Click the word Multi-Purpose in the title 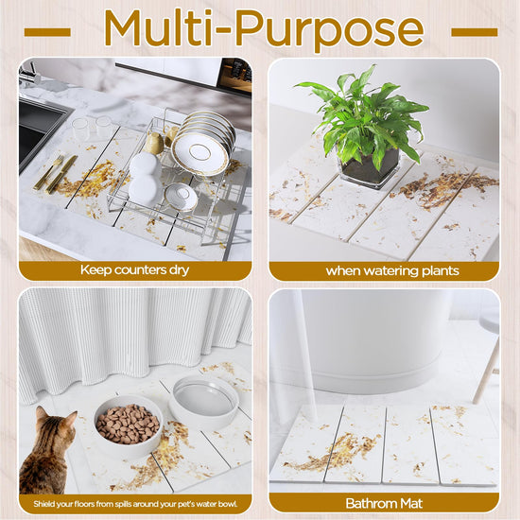coord(264,29)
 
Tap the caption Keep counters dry coord(134,270)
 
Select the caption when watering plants coord(392,271)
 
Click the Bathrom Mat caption coord(384,503)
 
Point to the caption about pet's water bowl coord(135,504)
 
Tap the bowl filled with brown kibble coord(129,425)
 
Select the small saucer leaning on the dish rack coord(181,197)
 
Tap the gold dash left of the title coord(47,32)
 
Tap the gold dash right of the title coord(475,32)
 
